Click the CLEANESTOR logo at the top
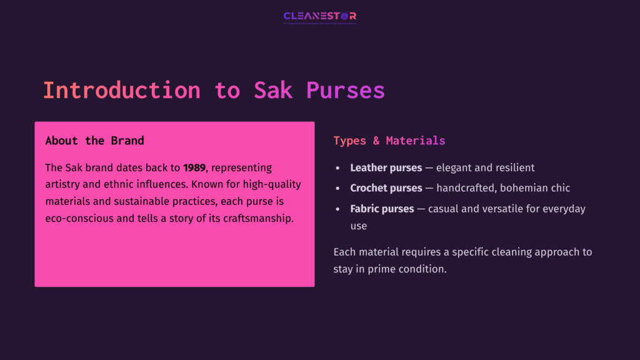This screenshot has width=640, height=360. tap(319, 16)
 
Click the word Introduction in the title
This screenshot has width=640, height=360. tap(121, 90)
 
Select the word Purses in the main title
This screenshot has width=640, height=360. tap(346, 90)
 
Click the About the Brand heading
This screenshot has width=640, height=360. tap(94, 141)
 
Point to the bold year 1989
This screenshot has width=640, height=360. tap(194, 168)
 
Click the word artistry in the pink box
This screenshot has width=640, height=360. tap(65, 185)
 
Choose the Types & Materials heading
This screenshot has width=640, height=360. tap(389, 141)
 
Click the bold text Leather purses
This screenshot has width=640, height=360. tap(386, 168)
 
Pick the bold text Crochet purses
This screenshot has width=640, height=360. tap(386, 188)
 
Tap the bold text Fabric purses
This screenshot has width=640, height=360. tap(382, 209)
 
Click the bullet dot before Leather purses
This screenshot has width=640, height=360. tap(337, 169)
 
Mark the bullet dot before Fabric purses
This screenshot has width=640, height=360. tap(337, 209)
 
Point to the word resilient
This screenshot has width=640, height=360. tap(514, 168)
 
